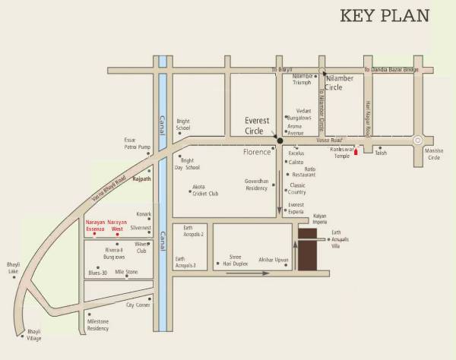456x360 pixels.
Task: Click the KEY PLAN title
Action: (385, 15)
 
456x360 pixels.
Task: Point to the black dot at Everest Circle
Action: (280, 141)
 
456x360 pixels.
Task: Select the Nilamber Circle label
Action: (344, 82)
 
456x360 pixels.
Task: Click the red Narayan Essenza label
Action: (94, 224)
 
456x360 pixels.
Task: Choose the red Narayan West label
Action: (118, 224)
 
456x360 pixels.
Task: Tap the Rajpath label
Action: (142, 179)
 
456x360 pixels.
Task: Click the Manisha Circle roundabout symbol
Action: (417, 141)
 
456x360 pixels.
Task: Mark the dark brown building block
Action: (309, 248)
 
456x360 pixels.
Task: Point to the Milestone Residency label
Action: (98, 325)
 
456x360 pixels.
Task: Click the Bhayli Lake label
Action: (13, 268)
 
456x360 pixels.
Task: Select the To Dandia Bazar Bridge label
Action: (391, 70)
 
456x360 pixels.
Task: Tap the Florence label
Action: (256, 153)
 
